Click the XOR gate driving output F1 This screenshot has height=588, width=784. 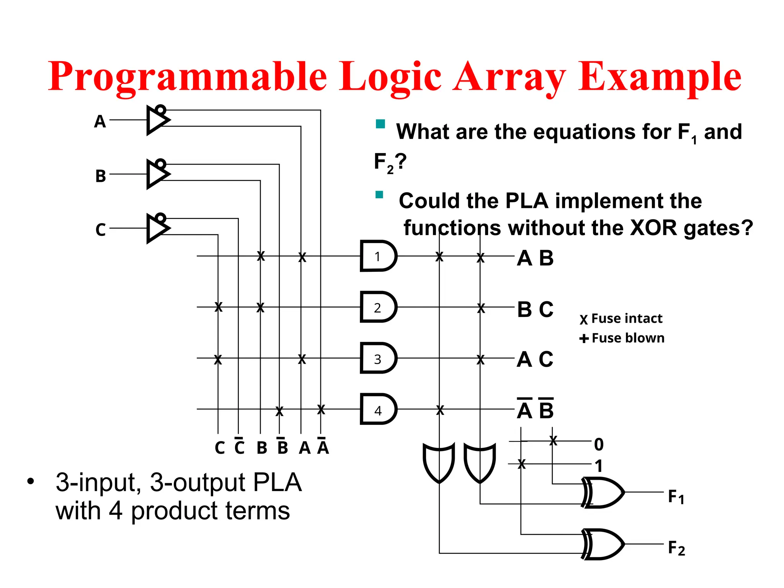pos(603,493)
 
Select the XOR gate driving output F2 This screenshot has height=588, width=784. pos(603,544)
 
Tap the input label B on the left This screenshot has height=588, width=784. pos(101,176)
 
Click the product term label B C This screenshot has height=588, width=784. pos(535,309)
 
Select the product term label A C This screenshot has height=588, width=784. pos(535,359)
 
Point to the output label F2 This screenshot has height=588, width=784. pos(676,548)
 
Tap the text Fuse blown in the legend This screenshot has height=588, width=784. pos(628,338)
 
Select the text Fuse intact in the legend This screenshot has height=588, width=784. pos(627,318)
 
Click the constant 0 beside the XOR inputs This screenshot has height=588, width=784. pos(599,444)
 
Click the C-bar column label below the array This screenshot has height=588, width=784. pos(239,447)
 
